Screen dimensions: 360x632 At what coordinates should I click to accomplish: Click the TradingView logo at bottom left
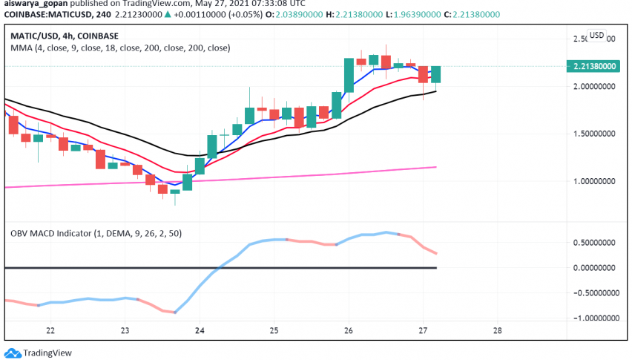pos(36,353)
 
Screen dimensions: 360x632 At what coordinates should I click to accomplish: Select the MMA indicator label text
pos(119,48)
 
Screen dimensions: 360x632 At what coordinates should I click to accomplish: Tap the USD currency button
pos(597,35)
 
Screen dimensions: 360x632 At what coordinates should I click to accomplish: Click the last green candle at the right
pos(436,74)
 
